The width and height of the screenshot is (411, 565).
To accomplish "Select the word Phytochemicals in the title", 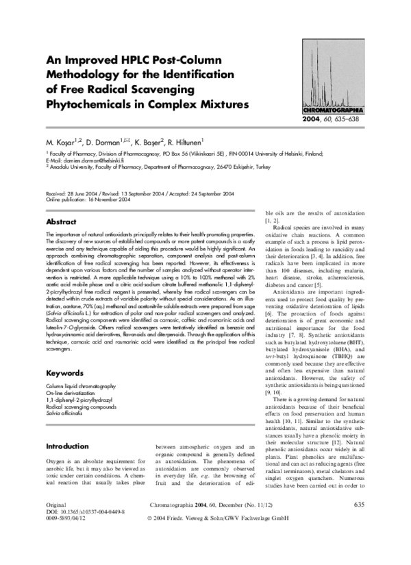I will coord(93,106).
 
